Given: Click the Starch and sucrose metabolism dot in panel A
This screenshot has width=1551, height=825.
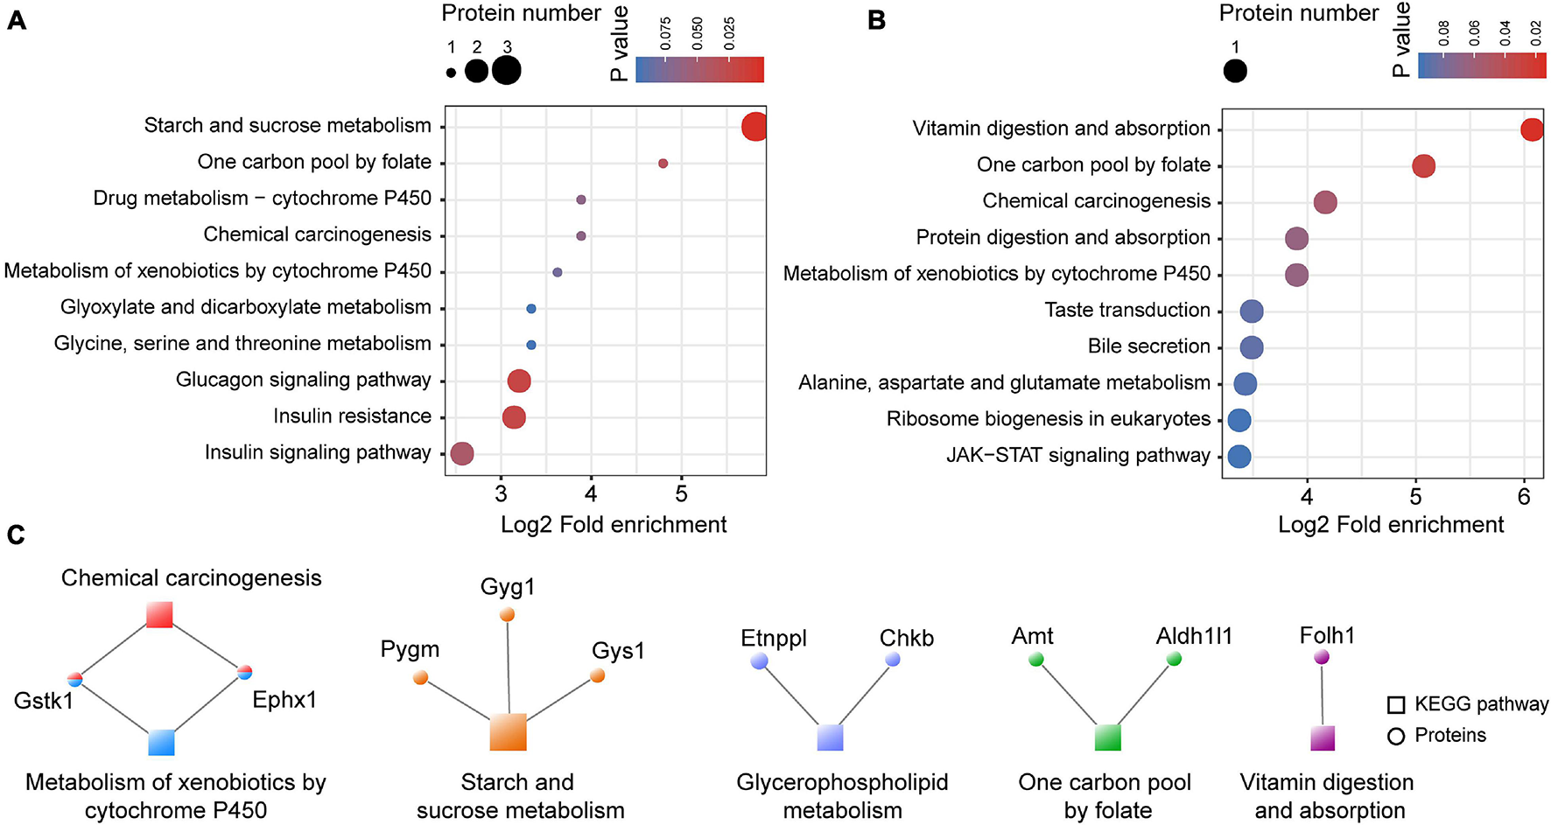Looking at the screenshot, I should point(754,127).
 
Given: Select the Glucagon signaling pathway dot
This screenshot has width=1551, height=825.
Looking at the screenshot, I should point(519,381).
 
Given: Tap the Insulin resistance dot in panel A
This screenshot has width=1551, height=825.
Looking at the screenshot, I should point(514,417).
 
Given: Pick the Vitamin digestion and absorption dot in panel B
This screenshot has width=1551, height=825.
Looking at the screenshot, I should point(1532,129).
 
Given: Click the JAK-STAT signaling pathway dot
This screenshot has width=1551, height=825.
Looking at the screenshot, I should point(1239,456).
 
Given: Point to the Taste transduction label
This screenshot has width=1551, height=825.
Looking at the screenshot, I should point(1127,310).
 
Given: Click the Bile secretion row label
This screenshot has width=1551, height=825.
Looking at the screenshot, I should point(1148,346).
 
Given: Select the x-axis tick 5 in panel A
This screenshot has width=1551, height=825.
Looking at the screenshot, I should point(682,494).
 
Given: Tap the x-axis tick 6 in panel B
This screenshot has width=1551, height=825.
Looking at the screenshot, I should point(1524,497).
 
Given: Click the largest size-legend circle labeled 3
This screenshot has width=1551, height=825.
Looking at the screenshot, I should point(506,70).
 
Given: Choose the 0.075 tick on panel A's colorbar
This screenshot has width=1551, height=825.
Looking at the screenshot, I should point(665,33).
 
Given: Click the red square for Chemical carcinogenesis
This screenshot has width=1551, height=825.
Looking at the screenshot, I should point(159,614).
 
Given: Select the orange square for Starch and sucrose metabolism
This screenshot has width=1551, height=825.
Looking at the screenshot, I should point(509,732).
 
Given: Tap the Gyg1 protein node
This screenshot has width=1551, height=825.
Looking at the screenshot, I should point(507,615).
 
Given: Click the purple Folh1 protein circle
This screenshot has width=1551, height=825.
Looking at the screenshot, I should point(1322,657).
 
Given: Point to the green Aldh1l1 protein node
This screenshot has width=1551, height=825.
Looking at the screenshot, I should point(1175,659).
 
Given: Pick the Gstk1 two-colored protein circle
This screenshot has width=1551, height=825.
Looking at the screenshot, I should point(75,678).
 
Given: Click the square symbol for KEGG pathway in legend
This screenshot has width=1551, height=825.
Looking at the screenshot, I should point(1396,705).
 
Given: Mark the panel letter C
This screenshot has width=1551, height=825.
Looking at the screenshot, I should point(16,535).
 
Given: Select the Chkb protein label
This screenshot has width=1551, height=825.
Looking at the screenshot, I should point(907,638).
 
